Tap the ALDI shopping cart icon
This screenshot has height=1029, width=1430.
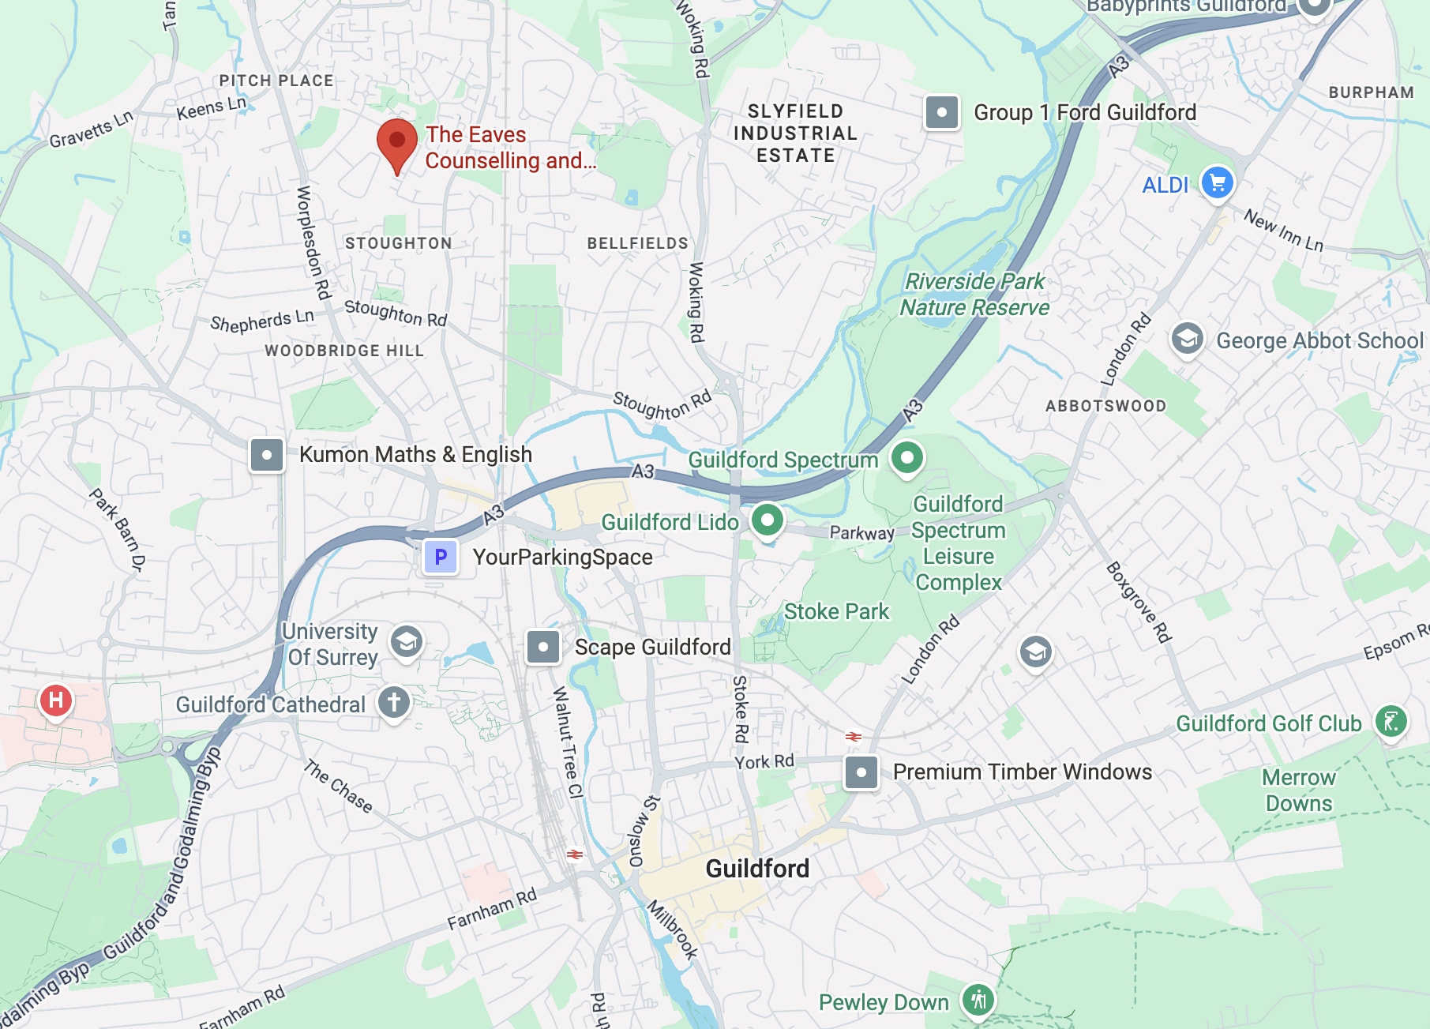click(x=1217, y=183)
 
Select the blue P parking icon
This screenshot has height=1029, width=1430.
click(x=441, y=557)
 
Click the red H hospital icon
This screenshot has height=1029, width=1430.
click(x=56, y=700)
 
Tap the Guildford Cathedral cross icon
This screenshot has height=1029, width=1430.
click(x=394, y=702)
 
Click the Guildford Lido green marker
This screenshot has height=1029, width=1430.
click(x=767, y=520)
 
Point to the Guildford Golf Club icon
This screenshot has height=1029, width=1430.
click(x=1391, y=722)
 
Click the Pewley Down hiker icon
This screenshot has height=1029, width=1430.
click(x=978, y=1001)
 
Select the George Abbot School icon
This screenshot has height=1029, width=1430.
click(x=1187, y=340)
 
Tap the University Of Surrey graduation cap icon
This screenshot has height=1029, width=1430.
click(x=407, y=642)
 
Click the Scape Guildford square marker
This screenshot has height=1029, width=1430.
click(x=543, y=647)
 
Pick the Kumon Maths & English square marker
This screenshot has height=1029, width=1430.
click(x=267, y=455)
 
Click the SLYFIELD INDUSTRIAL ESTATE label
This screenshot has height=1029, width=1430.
click(x=795, y=133)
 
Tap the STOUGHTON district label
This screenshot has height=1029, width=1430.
click(x=399, y=243)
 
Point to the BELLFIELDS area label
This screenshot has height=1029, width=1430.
click(x=637, y=243)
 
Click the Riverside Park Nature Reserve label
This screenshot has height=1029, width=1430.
click(x=975, y=294)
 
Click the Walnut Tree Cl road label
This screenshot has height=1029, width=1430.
click(x=567, y=742)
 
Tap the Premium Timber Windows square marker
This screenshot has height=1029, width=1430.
click(x=861, y=772)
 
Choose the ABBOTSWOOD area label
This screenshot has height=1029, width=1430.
click(x=1105, y=406)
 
